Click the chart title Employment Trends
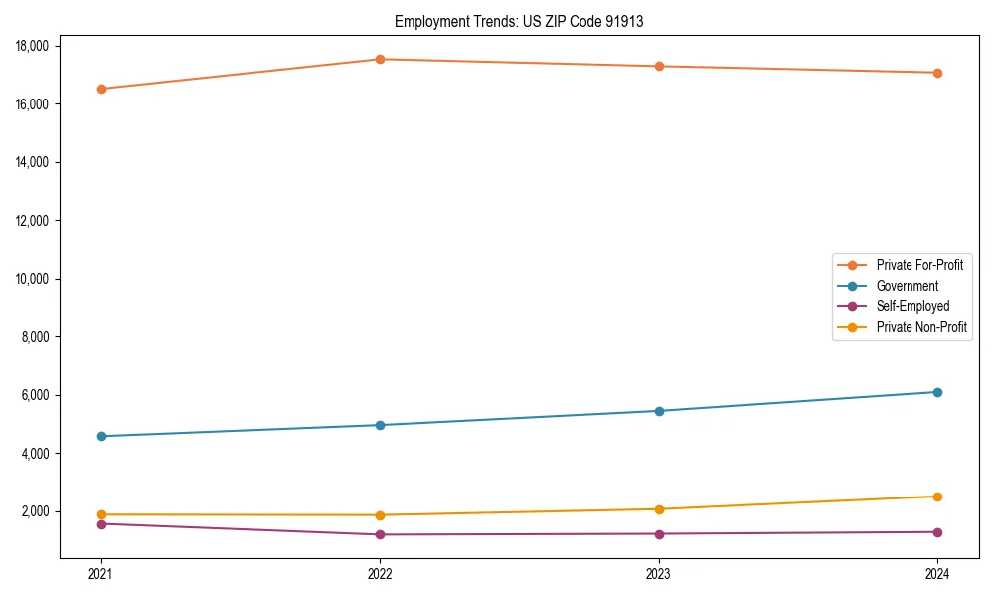pyautogui.click(x=519, y=22)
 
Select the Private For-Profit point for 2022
pyautogui.click(x=380, y=59)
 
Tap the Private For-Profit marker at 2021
pyautogui.click(x=100, y=89)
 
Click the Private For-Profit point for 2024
pyautogui.click(x=937, y=73)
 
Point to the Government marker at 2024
pyautogui.click(x=937, y=392)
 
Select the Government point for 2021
pyautogui.click(x=100, y=436)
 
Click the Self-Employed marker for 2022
pyautogui.click(x=380, y=534)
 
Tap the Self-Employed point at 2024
pyautogui.click(x=937, y=532)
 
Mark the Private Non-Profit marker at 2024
pyautogui.click(x=937, y=497)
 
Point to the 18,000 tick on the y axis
pyautogui.click(x=36, y=46)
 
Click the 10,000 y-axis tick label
pyautogui.click(x=36, y=279)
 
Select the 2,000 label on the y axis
pyautogui.click(x=39, y=511)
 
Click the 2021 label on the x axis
pyautogui.click(x=100, y=573)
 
